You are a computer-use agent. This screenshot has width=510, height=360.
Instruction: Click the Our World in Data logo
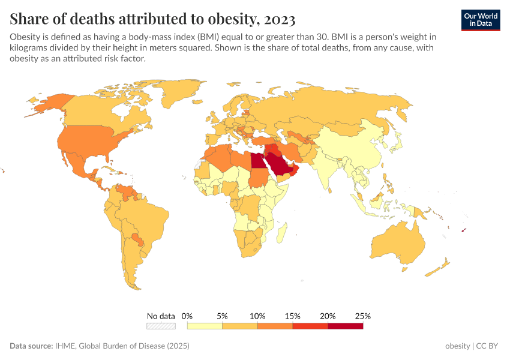480,20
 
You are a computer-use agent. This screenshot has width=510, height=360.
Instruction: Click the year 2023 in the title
278,19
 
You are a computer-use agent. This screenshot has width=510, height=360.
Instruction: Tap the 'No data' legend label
161,316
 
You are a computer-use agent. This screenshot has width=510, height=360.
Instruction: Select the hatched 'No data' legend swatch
161,326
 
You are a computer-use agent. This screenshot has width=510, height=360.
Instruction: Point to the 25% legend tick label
362,316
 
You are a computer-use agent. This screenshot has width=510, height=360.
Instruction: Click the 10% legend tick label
257,316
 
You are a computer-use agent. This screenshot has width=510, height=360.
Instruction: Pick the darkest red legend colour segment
346,326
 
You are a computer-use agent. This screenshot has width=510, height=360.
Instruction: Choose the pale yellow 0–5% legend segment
205,326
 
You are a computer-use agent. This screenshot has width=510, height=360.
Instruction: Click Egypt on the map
257,161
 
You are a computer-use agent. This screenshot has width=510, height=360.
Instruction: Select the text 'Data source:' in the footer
31,346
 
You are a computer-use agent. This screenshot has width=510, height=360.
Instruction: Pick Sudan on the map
259,179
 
